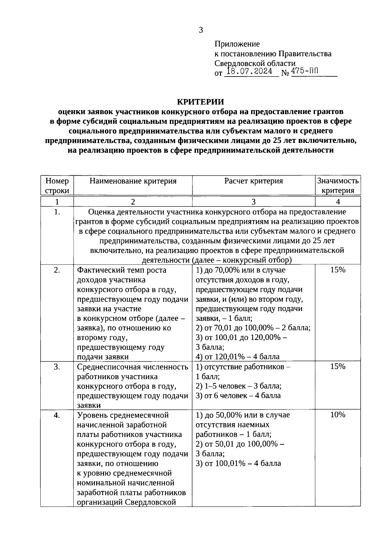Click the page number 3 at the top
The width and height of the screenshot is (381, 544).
201,30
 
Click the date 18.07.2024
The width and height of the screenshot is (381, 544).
250,72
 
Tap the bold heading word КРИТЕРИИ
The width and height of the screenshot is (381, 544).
200,102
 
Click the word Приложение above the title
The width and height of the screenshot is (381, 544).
237,44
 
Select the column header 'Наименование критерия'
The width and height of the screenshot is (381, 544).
133,181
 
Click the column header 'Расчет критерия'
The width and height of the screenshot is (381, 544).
253,181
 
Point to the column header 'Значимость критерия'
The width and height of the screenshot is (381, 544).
338,186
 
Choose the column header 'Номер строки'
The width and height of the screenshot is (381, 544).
57,186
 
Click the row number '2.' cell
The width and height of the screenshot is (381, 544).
57,270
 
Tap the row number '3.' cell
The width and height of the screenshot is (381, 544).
57,367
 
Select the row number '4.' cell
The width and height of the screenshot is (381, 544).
57,415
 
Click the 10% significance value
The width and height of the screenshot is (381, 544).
338,415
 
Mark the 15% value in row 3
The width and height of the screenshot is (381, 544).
338,366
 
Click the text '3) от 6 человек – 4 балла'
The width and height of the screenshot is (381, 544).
238,396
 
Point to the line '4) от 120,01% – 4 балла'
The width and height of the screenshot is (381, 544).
237,357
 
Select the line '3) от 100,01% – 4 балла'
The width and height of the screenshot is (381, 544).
238,463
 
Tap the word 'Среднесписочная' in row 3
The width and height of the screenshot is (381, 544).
105,367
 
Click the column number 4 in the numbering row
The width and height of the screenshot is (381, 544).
338,202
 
